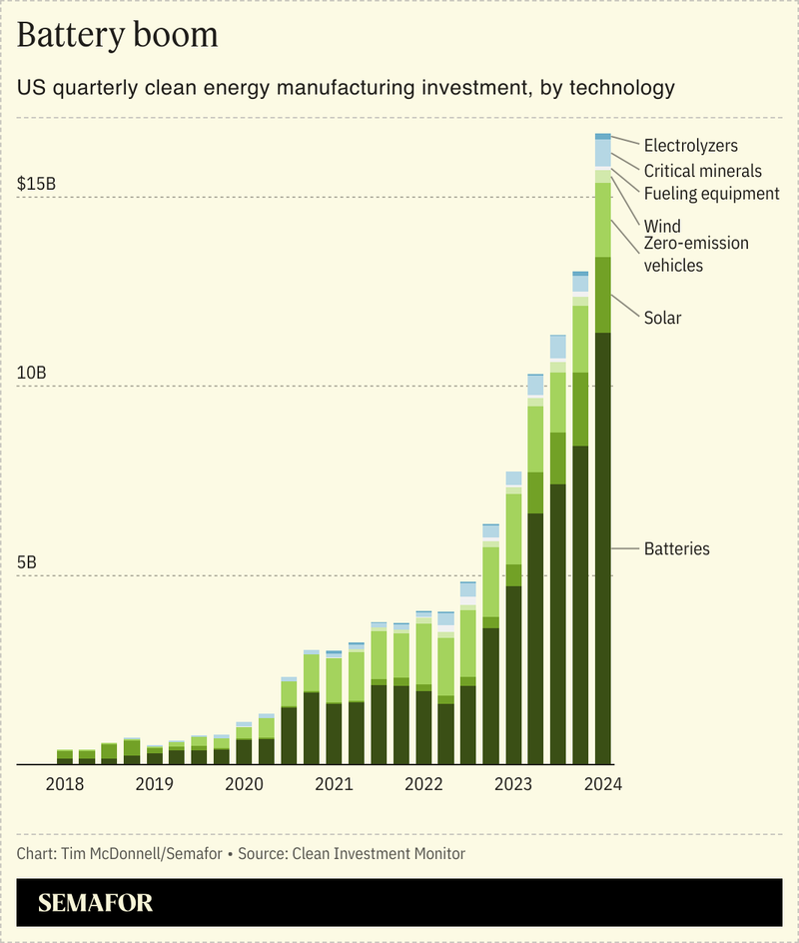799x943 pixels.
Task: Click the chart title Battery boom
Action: coord(117,35)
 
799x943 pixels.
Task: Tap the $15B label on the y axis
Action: coord(37,184)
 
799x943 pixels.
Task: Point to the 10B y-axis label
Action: coord(32,373)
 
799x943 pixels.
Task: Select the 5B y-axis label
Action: coord(27,562)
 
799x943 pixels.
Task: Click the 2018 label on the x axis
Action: coord(65,784)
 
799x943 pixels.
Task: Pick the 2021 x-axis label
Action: coord(334,784)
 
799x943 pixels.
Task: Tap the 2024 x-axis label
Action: coord(603,784)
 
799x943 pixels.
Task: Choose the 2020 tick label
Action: coord(244,784)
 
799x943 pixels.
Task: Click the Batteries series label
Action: coord(676,549)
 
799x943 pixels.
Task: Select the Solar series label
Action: coord(662,318)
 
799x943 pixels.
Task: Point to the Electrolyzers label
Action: coord(691,147)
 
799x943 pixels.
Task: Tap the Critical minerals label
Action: coord(702,171)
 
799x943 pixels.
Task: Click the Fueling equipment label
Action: coord(711,194)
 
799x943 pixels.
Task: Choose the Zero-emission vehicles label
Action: coord(695,254)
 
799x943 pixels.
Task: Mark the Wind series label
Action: coord(662,226)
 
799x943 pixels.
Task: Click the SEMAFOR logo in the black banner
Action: coord(96,904)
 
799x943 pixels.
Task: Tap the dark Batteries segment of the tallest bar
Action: coord(602,549)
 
